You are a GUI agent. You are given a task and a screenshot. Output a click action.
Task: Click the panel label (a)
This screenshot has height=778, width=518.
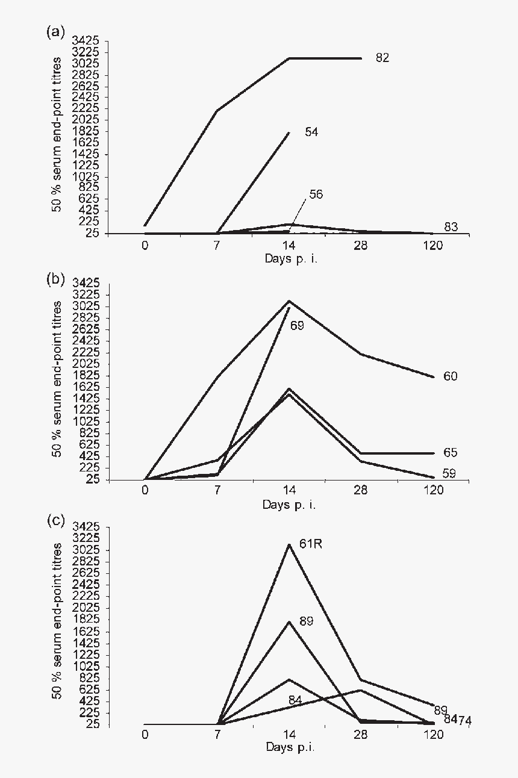coord(55,33)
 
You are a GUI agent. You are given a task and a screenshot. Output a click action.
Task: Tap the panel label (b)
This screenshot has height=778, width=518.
coord(55,279)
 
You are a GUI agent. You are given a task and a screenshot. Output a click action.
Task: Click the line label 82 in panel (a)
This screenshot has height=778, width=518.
coord(382,58)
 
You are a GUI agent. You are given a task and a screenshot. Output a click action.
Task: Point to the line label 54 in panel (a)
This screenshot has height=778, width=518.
coord(311,132)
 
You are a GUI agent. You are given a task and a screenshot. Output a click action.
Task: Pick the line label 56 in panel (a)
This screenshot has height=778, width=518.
coord(316,194)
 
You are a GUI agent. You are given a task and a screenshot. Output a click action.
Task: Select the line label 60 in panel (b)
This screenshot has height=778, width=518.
coord(450,376)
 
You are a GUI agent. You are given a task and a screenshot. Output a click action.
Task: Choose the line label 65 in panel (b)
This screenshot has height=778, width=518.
coord(450,452)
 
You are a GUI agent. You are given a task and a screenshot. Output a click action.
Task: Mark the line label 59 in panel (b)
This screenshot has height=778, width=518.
coord(449,473)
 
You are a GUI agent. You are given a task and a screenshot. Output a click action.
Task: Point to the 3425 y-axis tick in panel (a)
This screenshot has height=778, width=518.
coord(86,40)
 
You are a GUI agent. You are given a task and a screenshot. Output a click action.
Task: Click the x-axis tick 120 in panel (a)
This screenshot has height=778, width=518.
coord(433,245)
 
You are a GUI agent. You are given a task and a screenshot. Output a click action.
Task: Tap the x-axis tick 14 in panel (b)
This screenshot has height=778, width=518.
coord(289,490)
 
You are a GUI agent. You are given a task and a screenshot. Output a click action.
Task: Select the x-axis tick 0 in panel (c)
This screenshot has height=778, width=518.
coord(145,734)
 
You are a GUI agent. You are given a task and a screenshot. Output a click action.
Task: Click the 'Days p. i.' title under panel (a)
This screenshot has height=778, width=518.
coord(289,258)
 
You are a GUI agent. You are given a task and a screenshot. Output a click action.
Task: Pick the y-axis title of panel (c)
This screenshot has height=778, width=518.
coord(58,620)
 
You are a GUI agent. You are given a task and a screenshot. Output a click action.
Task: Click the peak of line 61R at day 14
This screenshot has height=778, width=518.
coord(290,544)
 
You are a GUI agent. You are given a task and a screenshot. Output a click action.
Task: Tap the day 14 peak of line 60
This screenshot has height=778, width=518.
coord(290,300)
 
